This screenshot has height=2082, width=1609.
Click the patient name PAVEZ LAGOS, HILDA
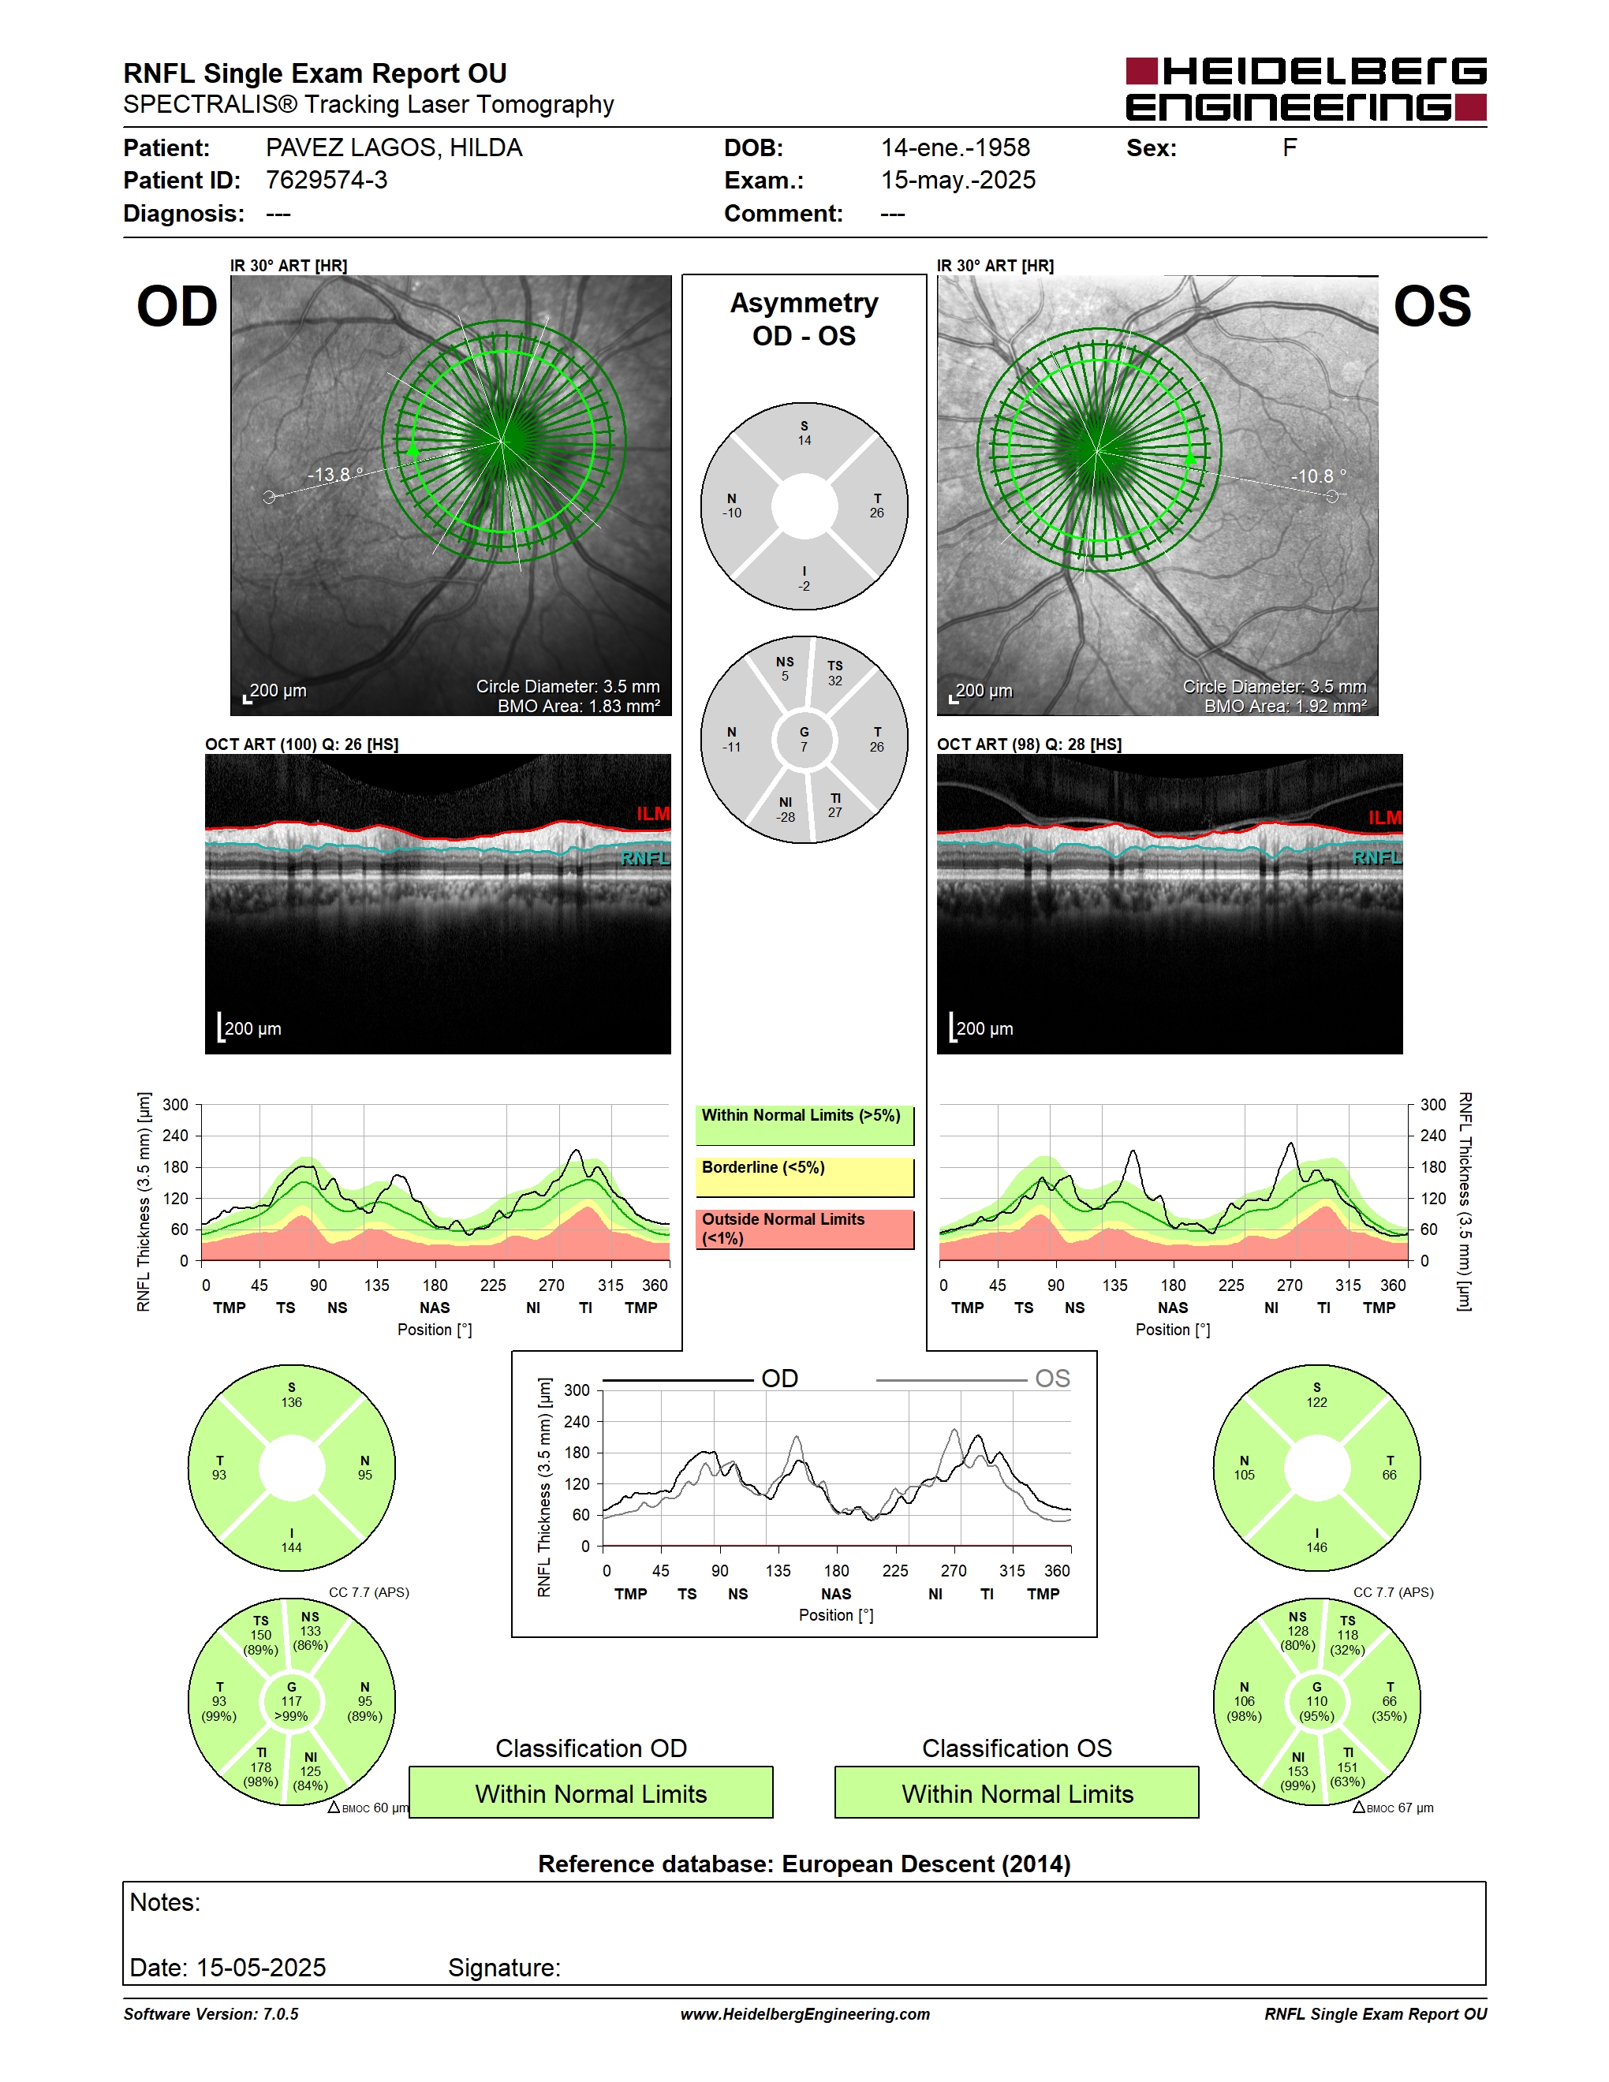[x=394, y=147]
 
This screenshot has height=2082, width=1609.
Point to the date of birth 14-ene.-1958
[x=955, y=147]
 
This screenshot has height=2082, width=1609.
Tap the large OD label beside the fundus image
[x=177, y=307]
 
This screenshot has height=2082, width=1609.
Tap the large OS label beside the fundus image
[x=1432, y=307]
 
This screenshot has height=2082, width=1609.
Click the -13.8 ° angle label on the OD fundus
[x=335, y=474]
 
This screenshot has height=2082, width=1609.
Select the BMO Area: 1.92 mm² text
[x=1285, y=707]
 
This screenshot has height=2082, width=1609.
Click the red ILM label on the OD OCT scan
[x=653, y=813]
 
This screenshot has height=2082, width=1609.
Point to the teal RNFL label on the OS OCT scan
[x=1377, y=858]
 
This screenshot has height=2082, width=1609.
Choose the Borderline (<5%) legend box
[x=804, y=1177]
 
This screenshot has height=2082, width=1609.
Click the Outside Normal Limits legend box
[x=804, y=1229]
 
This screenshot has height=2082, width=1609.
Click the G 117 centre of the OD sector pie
[x=292, y=1702]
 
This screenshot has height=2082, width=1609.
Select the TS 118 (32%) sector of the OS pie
[x=1347, y=1635]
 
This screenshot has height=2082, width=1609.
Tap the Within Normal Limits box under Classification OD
[x=591, y=1793]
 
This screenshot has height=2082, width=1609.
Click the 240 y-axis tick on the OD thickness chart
[x=175, y=1136]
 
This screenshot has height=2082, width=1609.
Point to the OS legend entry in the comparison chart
[x=973, y=1379]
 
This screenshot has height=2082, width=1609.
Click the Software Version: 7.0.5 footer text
[x=211, y=2013]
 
